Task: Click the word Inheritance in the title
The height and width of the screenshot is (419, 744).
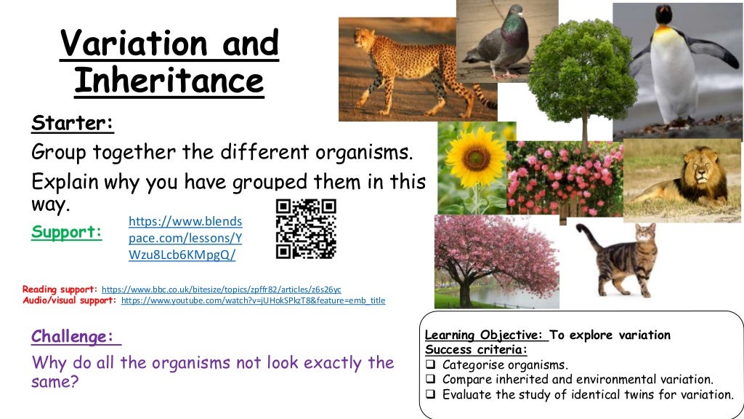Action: click(x=169, y=81)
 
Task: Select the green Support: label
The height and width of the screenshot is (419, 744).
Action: click(x=66, y=233)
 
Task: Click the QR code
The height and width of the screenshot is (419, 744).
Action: click(x=306, y=228)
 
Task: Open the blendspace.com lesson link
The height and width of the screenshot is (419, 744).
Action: click(x=185, y=238)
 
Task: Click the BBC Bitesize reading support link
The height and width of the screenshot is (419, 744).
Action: click(x=221, y=289)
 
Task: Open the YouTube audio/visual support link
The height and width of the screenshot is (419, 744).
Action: click(x=253, y=300)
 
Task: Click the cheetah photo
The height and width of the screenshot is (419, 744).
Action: click(x=417, y=69)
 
